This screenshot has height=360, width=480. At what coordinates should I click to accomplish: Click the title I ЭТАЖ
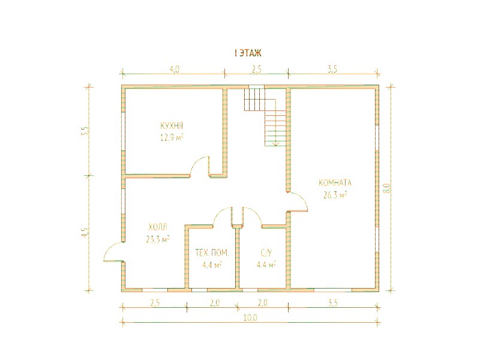(248, 53)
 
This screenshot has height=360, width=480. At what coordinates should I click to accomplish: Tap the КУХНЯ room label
(172, 126)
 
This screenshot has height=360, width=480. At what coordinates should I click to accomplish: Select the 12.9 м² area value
(172, 137)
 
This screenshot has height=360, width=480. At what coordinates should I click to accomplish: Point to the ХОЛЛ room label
(158, 227)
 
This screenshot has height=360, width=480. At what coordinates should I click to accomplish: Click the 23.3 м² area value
(158, 239)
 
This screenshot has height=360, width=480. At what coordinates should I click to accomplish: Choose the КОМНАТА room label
(335, 183)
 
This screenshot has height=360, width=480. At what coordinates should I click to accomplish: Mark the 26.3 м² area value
(335, 195)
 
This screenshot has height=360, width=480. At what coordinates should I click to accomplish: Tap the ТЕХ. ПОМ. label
(212, 253)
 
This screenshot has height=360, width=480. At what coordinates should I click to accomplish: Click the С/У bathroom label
(266, 253)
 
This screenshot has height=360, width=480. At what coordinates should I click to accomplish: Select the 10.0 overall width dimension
(250, 319)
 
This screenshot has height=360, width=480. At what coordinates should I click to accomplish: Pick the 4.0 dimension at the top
(174, 70)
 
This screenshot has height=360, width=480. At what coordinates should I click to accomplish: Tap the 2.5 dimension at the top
(257, 70)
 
